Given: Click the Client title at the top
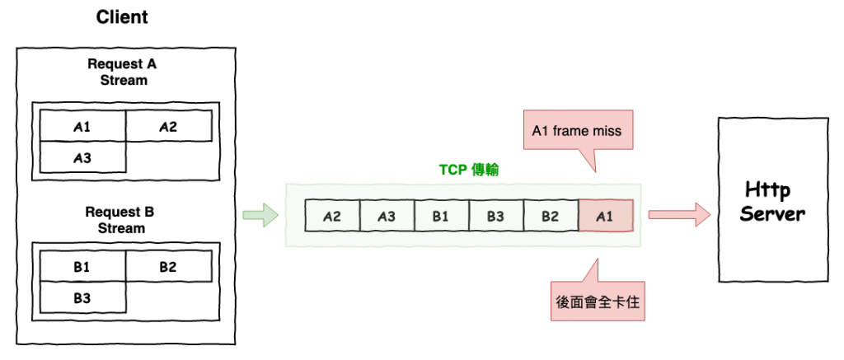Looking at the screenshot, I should pyautogui.click(x=123, y=17).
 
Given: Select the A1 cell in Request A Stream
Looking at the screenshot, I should pyautogui.click(x=82, y=127).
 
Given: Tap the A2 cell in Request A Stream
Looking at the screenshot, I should pyautogui.click(x=168, y=127).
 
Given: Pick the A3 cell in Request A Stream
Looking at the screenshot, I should pyautogui.click(x=82, y=157).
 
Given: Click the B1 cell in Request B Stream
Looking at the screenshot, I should pyautogui.click(x=82, y=267).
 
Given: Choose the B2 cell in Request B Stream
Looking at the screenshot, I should pyautogui.click(x=168, y=267).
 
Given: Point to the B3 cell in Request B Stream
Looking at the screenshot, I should pyautogui.click(x=82, y=297).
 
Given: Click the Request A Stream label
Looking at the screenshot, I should pyautogui.click(x=123, y=72).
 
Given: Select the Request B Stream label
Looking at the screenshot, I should pyautogui.click(x=123, y=220).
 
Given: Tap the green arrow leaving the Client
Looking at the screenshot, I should pyautogui.click(x=260, y=217).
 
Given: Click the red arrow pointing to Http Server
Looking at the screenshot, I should pyautogui.click(x=678, y=217).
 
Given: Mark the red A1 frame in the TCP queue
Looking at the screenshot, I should pyautogui.click(x=606, y=217).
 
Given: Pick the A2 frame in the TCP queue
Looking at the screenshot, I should pyautogui.click(x=332, y=217).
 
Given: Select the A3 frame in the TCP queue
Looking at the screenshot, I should pyautogui.click(x=387, y=217).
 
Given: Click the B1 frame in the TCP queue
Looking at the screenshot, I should pyautogui.click(x=441, y=217).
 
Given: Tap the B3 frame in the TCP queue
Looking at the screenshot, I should pyautogui.click(x=495, y=217).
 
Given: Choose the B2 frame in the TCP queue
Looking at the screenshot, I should pyautogui.click(x=551, y=217).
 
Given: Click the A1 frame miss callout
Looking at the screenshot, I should pyautogui.click(x=577, y=130).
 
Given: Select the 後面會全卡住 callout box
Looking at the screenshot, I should pyautogui.click(x=598, y=301).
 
